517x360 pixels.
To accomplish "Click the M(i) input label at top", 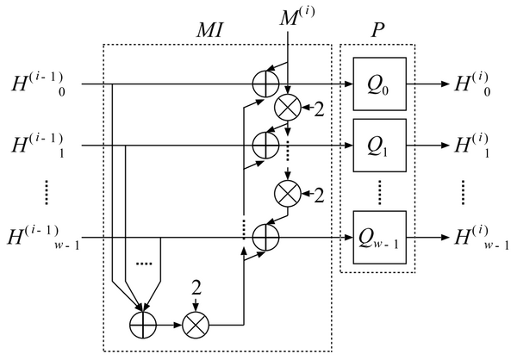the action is tap(297, 16).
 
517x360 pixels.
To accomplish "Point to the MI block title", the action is tap(210, 30).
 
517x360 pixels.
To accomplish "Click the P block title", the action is tap(378, 30).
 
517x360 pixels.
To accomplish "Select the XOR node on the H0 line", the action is tap(265, 84).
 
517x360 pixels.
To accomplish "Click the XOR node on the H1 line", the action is tap(265, 146).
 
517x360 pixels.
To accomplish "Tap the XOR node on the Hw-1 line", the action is tap(265, 238).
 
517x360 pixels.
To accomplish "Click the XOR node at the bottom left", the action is tap(143, 325).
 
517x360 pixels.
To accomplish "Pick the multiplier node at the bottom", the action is tap(196, 325).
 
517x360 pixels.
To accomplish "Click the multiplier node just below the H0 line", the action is tap(288, 108).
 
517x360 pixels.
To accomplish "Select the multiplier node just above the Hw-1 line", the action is tap(288, 194).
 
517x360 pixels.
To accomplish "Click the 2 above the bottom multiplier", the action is tap(196, 289).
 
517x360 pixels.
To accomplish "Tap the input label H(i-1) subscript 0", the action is tap(38, 84).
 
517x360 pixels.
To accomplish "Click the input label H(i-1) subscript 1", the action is tap(38, 146).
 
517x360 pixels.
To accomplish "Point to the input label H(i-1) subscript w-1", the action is tap(43, 238).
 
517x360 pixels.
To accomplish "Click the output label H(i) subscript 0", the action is tap(472, 84).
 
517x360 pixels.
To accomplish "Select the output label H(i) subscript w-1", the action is tap(482, 238).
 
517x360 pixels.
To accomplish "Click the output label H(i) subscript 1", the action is tap(472, 146).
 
